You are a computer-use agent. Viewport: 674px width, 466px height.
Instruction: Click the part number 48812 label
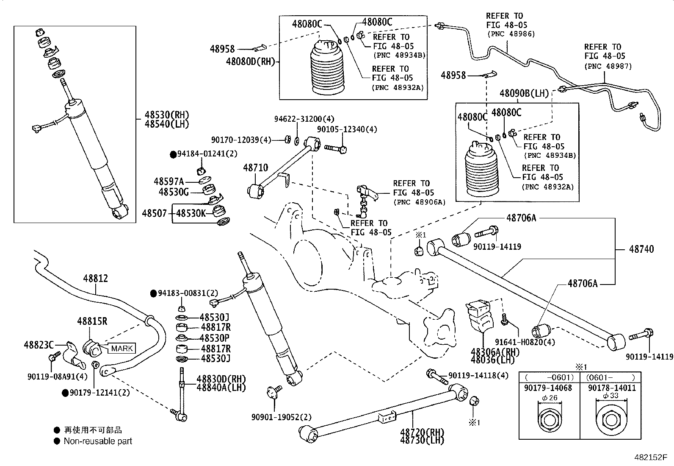coord(95,279)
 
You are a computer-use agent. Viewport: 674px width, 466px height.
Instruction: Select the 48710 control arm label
coord(255,167)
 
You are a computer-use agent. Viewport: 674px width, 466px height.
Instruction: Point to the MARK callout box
coord(122,349)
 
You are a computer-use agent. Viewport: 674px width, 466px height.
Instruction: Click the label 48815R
coord(92,321)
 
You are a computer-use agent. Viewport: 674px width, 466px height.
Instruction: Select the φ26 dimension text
coord(549,398)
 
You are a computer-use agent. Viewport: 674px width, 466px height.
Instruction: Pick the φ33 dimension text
coord(610,396)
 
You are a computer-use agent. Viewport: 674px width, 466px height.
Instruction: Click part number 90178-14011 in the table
coord(611,388)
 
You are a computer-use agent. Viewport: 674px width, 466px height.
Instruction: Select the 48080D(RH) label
coord(250,61)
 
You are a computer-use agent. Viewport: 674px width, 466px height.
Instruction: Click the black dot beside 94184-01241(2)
coord(173,154)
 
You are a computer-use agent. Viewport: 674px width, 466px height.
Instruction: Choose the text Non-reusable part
coord(98,441)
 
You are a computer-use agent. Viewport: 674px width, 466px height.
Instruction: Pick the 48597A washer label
coord(168,181)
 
